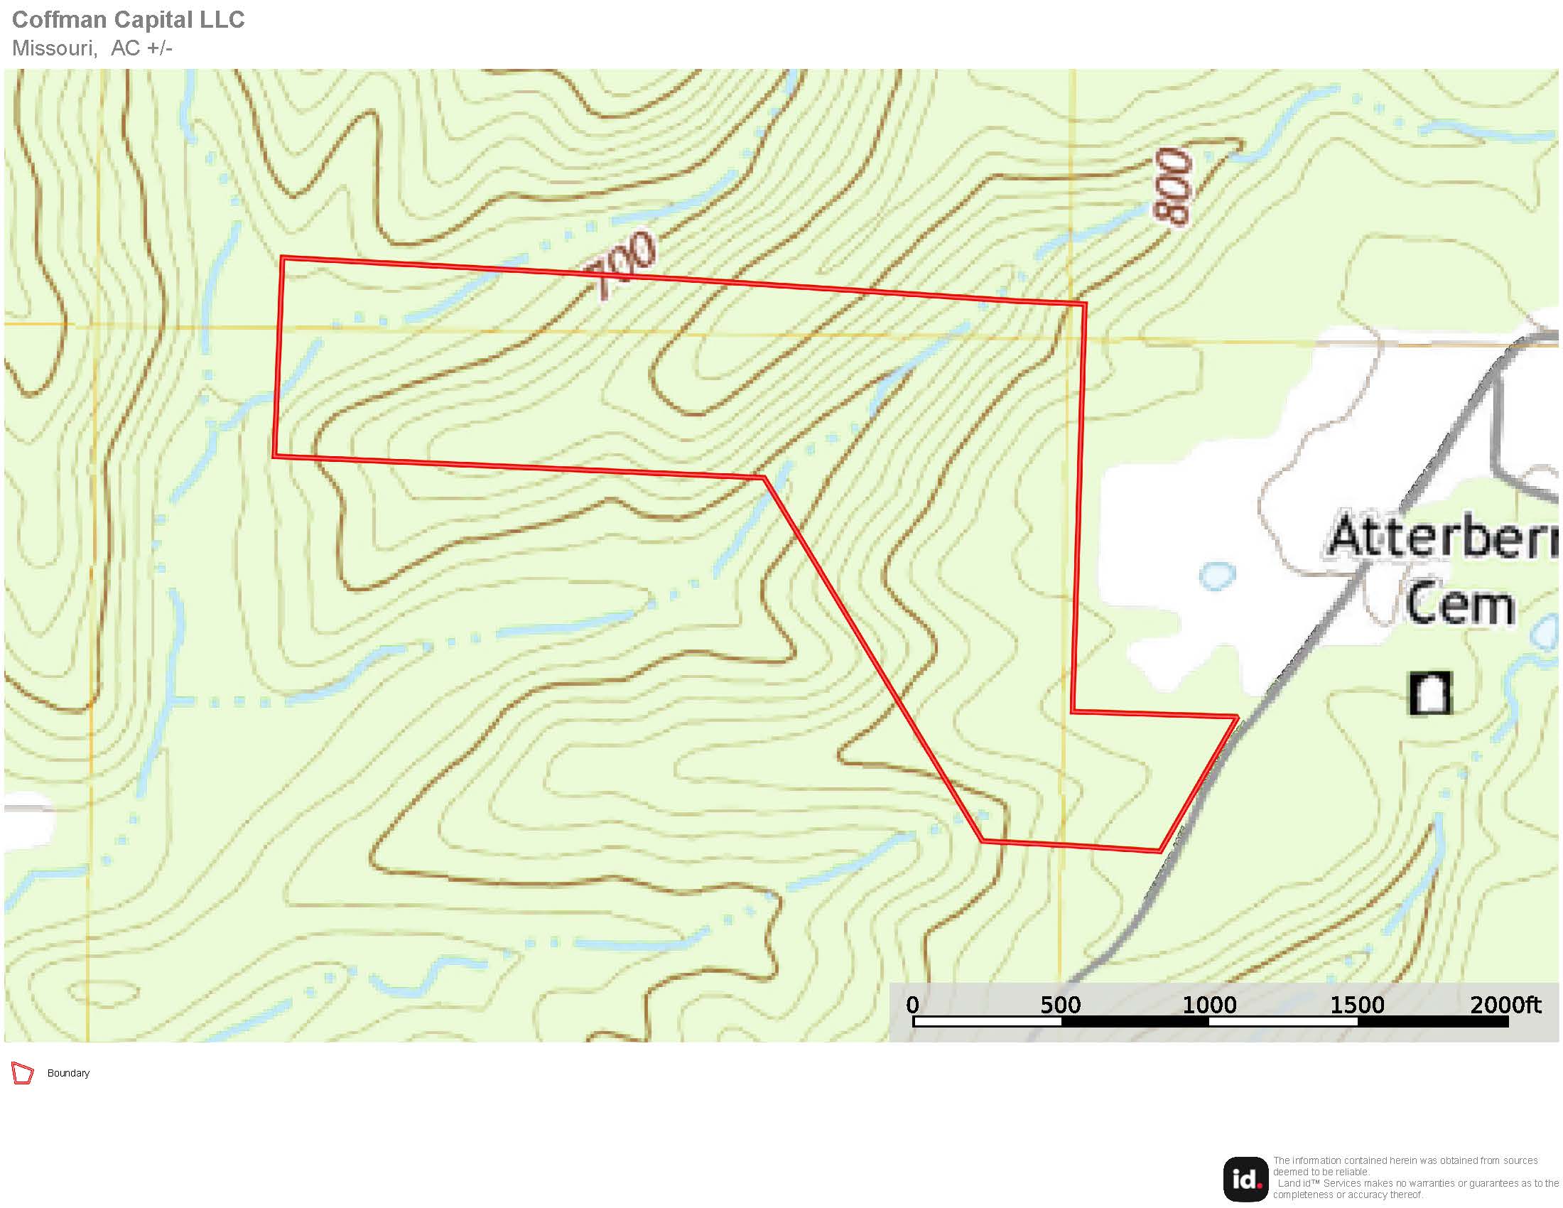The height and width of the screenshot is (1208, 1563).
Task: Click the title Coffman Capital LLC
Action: pos(128,20)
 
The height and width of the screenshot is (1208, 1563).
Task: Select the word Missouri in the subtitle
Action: pos(54,48)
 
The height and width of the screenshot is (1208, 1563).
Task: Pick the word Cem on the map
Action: pos(1459,604)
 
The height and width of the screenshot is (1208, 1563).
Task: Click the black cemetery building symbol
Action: pos(1430,693)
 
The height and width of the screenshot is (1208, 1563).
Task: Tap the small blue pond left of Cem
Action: pos(1216,575)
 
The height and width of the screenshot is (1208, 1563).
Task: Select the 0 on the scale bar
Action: pos(912,1005)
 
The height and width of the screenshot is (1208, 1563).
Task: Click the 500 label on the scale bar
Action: pos(1061,1005)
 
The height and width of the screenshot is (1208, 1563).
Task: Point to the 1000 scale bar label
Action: pos(1208,1005)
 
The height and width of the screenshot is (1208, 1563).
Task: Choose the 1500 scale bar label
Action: pos(1357,1005)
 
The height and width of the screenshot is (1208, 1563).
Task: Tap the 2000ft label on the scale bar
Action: pos(1505,1005)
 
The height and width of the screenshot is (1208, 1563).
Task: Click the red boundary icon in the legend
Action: pos(22,1074)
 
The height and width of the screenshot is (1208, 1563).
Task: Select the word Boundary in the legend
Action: pos(68,1074)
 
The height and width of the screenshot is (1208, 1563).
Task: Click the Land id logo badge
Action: pos(1246,1179)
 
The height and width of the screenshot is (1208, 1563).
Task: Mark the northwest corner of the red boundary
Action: pos(283,258)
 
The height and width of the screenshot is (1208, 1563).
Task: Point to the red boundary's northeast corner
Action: pos(1085,305)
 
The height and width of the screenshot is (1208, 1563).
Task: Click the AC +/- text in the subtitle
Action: pos(141,48)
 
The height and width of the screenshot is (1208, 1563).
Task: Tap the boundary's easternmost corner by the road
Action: pos(1238,716)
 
